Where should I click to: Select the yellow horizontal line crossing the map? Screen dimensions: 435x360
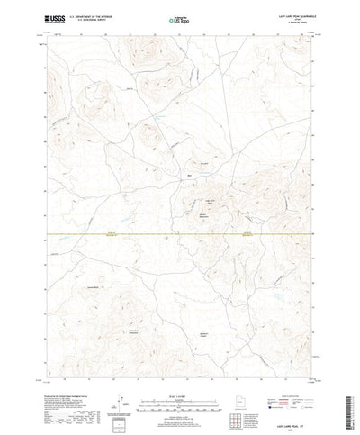pyautogui.click(x=180, y=236)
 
